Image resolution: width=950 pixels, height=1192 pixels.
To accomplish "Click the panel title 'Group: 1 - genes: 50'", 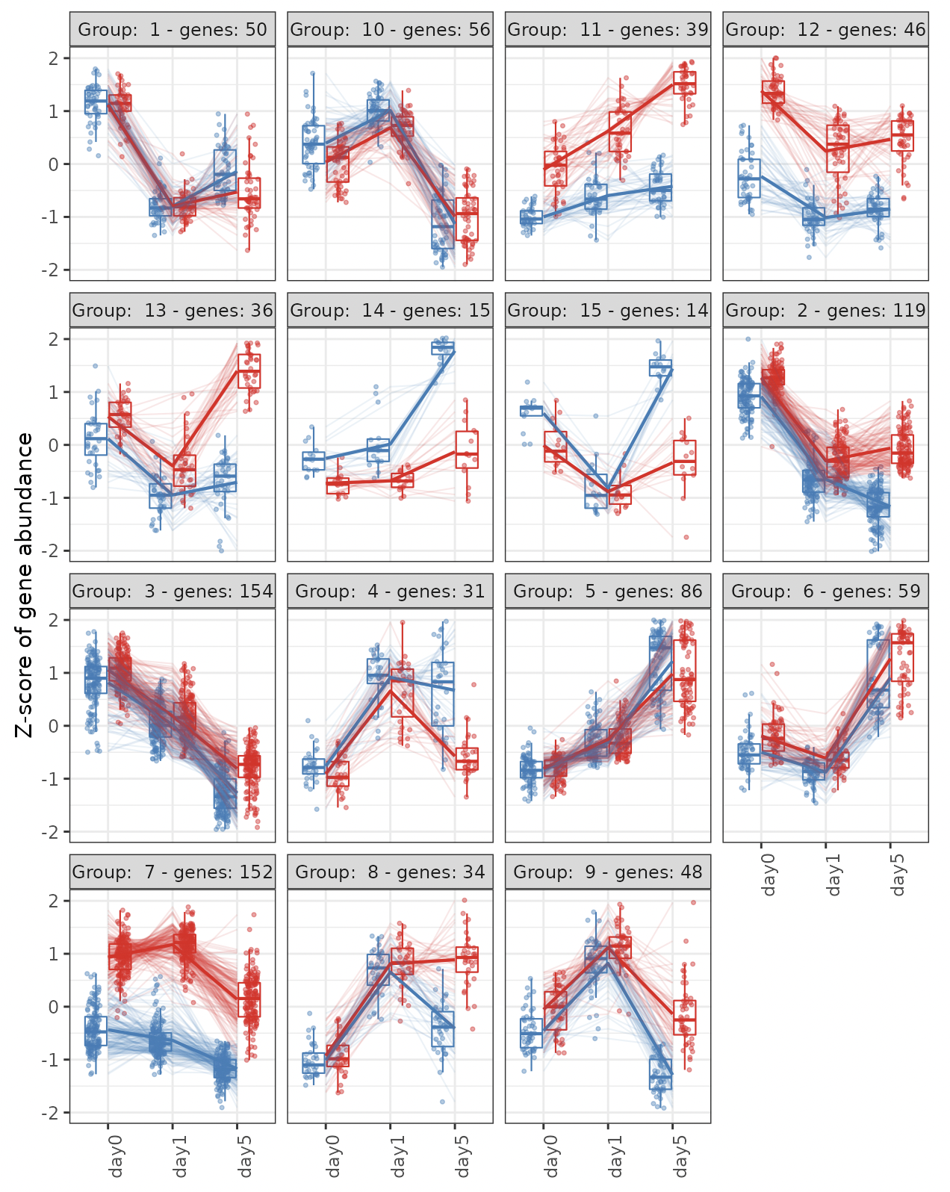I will click(x=173, y=30).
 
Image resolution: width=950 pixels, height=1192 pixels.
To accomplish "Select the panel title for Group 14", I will click(x=390, y=311).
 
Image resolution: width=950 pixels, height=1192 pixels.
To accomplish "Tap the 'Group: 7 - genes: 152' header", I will click(x=173, y=872).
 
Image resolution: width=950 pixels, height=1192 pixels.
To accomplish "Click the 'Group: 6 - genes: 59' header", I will click(x=825, y=592).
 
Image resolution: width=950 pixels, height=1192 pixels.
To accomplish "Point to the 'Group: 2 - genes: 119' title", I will click(x=825, y=311).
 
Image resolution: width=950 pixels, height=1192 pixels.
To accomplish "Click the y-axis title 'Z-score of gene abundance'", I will click(x=25, y=585).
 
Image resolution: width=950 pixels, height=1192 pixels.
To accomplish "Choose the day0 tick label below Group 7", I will click(x=117, y=1157).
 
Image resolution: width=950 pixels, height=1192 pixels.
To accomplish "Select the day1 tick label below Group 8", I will click(x=399, y=1157).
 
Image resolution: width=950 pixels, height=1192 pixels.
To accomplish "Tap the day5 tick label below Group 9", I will click(x=681, y=1157).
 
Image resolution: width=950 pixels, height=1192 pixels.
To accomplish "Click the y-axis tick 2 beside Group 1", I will click(x=54, y=58).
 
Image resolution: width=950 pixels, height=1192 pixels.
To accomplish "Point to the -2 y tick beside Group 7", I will click(x=51, y=1113).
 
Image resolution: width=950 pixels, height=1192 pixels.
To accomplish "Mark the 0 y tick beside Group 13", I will click(x=54, y=445).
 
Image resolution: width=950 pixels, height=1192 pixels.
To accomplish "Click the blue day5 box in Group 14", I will click(x=443, y=348).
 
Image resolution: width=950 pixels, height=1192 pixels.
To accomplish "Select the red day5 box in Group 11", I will click(x=684, y=82).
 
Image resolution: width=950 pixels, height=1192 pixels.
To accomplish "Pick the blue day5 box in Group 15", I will click(x=661, y=367).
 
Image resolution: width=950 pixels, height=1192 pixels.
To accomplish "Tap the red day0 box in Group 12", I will click(x=774, y=92).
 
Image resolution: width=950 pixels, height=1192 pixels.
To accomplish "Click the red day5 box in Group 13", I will click(x=249, y=370).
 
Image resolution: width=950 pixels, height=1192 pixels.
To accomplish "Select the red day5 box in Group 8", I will click(x=468, y=959).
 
